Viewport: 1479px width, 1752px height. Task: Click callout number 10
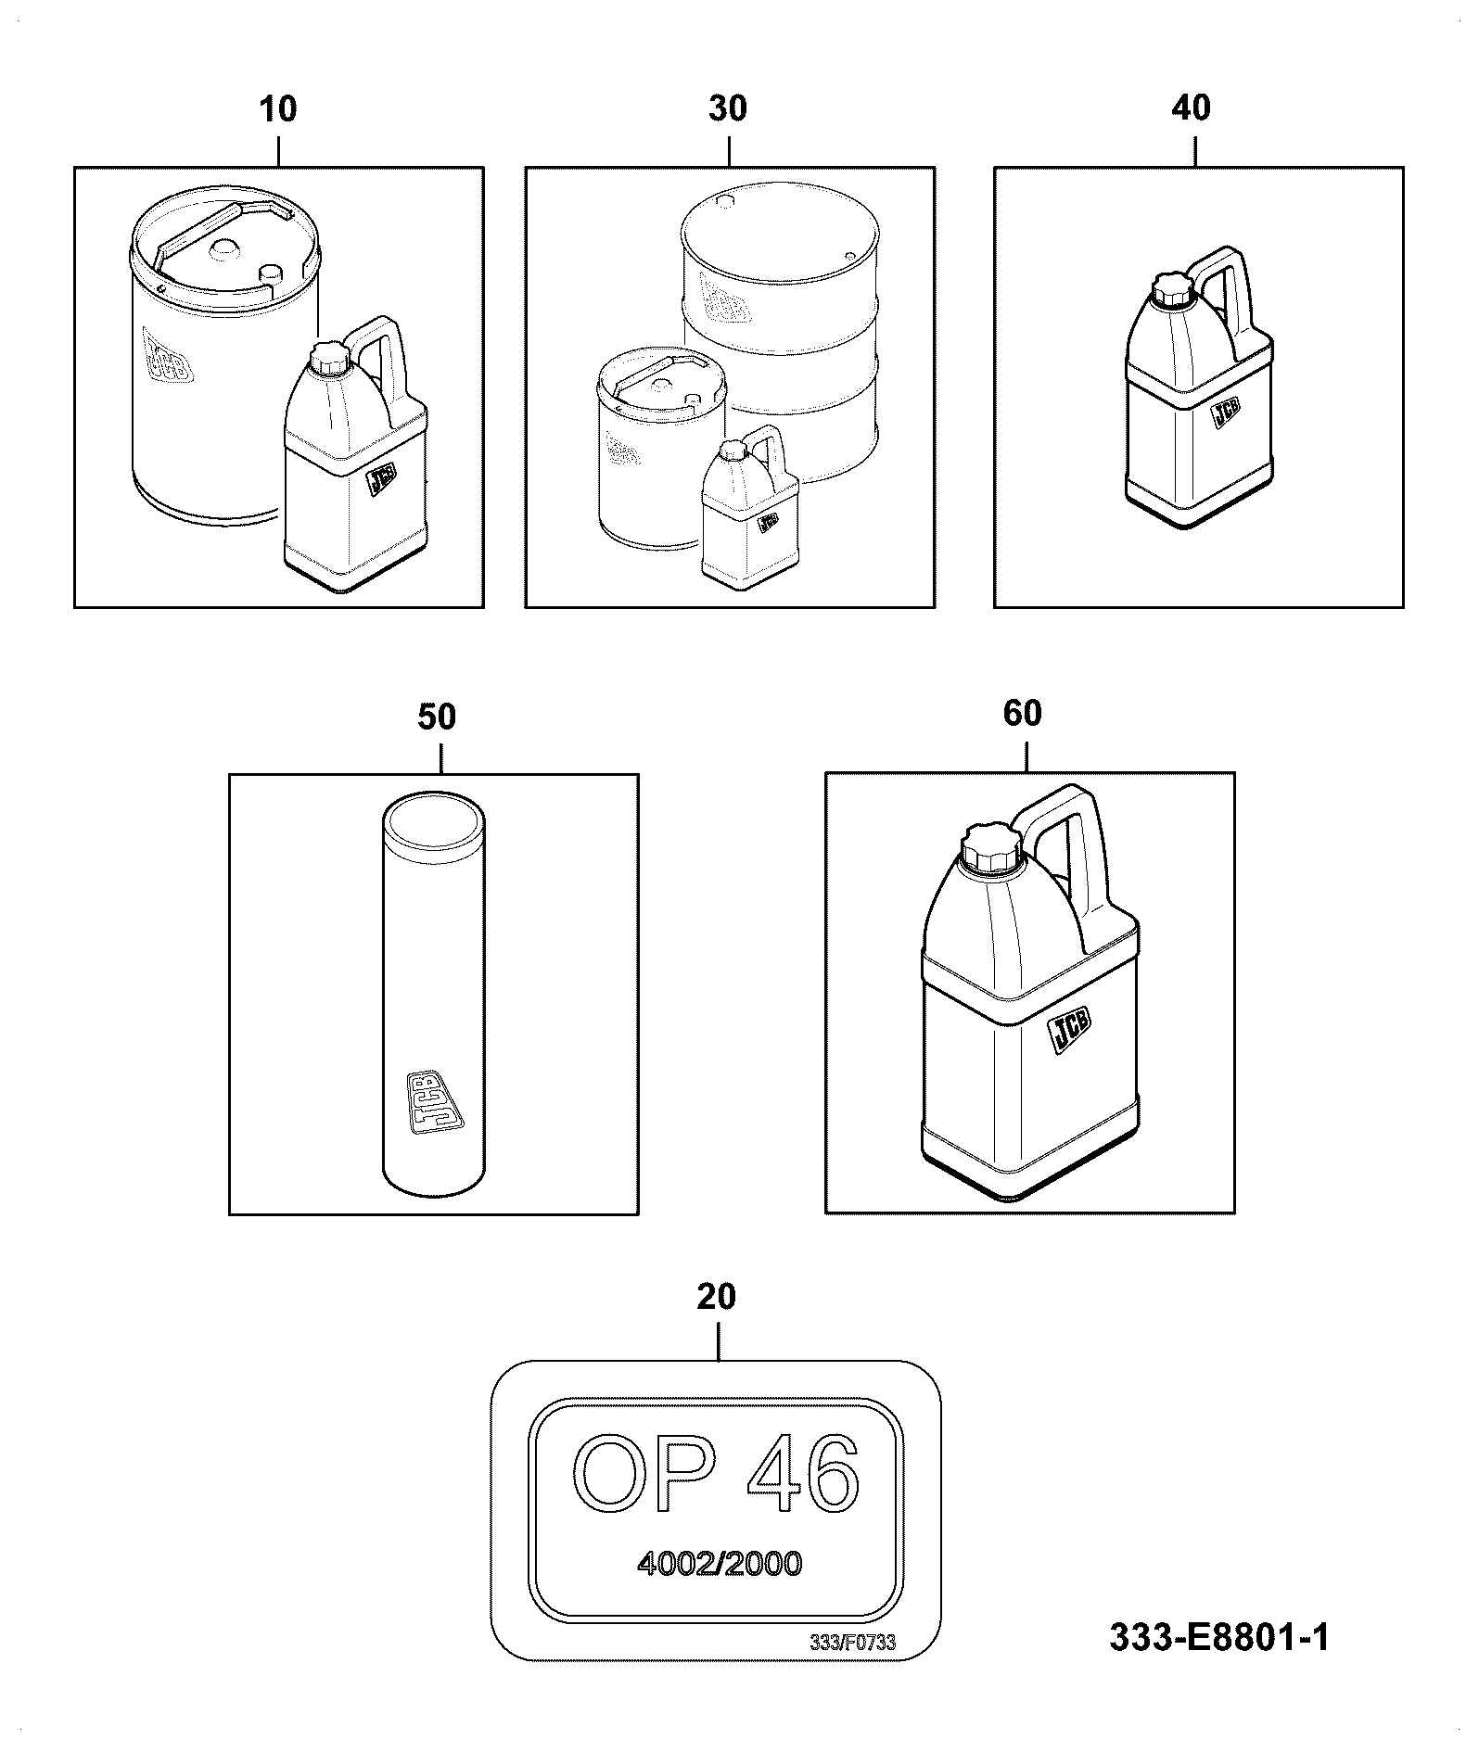coord(278,109)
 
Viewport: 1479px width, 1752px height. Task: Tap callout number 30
coord(728,108)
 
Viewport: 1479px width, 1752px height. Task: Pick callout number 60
coord(1023,713)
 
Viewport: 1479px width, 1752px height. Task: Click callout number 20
coord(716,1297)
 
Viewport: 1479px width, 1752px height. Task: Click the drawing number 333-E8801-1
coord(1219,1638)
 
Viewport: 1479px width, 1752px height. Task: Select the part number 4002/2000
coord(720,1565)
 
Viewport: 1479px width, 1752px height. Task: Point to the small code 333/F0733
coord(852,1644)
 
